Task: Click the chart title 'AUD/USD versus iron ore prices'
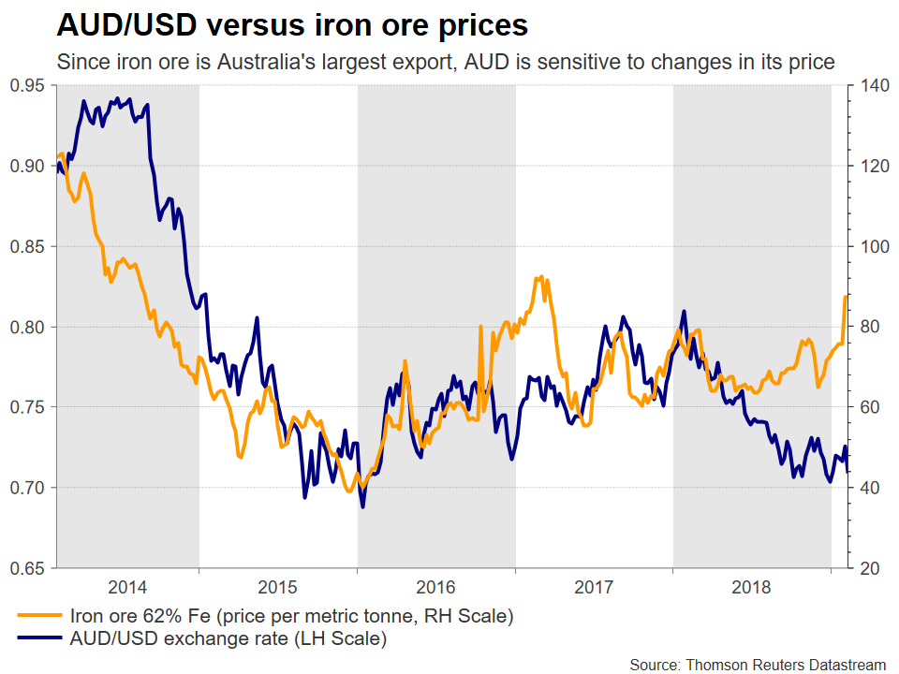292,24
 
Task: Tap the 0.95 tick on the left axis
29,86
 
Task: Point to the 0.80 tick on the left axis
29,327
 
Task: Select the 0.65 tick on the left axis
29,568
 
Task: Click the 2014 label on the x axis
127,588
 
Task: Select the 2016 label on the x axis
436,588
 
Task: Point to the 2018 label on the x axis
751,588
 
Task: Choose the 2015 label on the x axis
278,588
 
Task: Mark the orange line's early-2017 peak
539,277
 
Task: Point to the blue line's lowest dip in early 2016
362,506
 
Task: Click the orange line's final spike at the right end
846,297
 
